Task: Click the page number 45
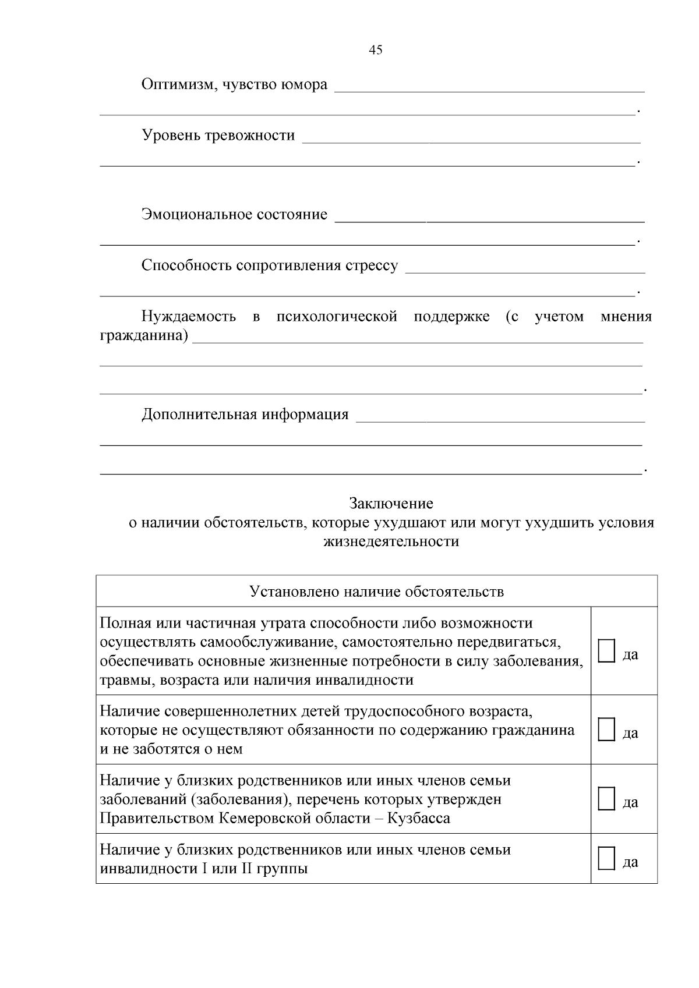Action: [376, 50]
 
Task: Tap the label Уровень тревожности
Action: [218, 136]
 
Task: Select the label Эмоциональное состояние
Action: [234, 215]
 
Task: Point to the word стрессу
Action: [372, 266]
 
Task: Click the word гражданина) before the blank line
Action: [144, 337]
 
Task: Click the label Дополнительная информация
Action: [245, 415]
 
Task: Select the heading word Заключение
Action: [391, 503]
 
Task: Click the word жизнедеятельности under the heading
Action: [391, 541]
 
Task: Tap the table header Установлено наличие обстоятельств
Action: [376, 592]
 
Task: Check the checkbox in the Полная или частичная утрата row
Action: [606, 650]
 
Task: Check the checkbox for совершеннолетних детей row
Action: [606, 730]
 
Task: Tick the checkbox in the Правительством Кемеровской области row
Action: [606, 799]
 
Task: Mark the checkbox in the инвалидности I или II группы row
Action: [606, 859]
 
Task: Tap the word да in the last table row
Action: [630, 862]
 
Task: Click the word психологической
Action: [337, 317]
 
